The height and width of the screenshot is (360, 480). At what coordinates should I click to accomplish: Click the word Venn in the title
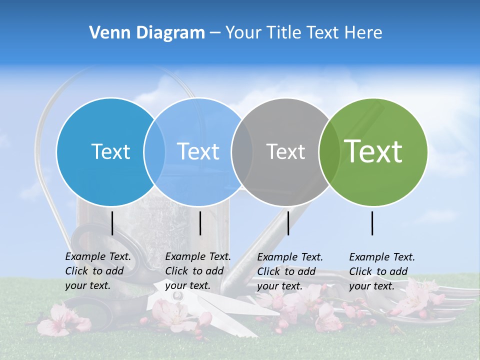pyautogui.click(x=107, y=32)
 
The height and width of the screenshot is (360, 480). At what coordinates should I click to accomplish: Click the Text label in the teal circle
pyautogui.click(x=110, y=151)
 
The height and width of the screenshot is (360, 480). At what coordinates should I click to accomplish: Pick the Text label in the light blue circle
pyautogui.click(x=198, y=151)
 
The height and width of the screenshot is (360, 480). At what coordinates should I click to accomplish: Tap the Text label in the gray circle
pyautogui.click(x=285, y=151)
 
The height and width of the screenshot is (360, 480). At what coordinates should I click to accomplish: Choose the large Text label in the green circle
pyautogui.click(x=373, y=151)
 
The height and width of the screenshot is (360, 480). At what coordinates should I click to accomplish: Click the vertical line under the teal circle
pyautogui.click(x=112, y=223)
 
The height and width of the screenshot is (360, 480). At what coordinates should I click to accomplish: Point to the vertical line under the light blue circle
pyautogui.click(x=200, y=223)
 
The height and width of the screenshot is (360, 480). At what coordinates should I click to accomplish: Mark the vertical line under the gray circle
pyautogui.click(x=288, y=223)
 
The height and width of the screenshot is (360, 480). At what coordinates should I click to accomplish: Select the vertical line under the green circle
pyautogui.click(x=372, y=223)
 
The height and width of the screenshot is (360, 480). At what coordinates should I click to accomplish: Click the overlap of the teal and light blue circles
pyautogui.click(x=154, y=152)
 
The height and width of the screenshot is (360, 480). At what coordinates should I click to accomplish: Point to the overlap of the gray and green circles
pyautogui.click(x=329, y=152)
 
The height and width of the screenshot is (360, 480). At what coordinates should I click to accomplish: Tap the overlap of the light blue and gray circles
pyautogui.click(x=242, y=152)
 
